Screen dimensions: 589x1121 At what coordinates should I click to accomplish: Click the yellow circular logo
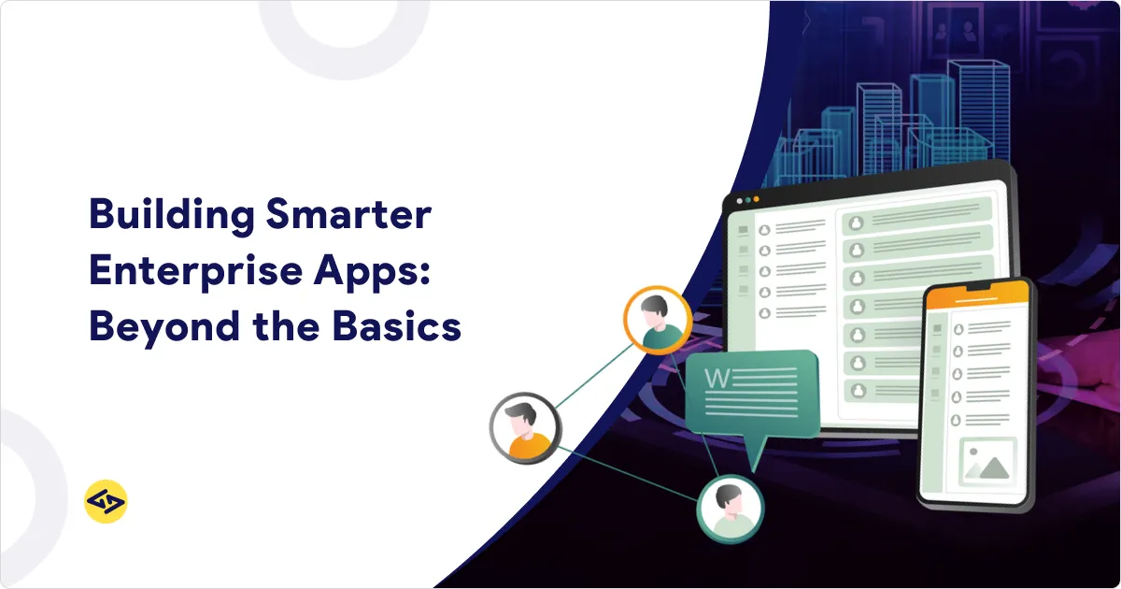pos(106,502)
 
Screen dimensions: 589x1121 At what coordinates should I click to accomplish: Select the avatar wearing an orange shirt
pos(526,428)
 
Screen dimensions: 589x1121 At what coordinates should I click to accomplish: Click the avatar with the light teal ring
pos(730,510)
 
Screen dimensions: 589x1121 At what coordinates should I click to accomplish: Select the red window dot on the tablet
pos(739,200)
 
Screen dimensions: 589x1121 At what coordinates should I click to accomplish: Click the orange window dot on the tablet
pos(756,200)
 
